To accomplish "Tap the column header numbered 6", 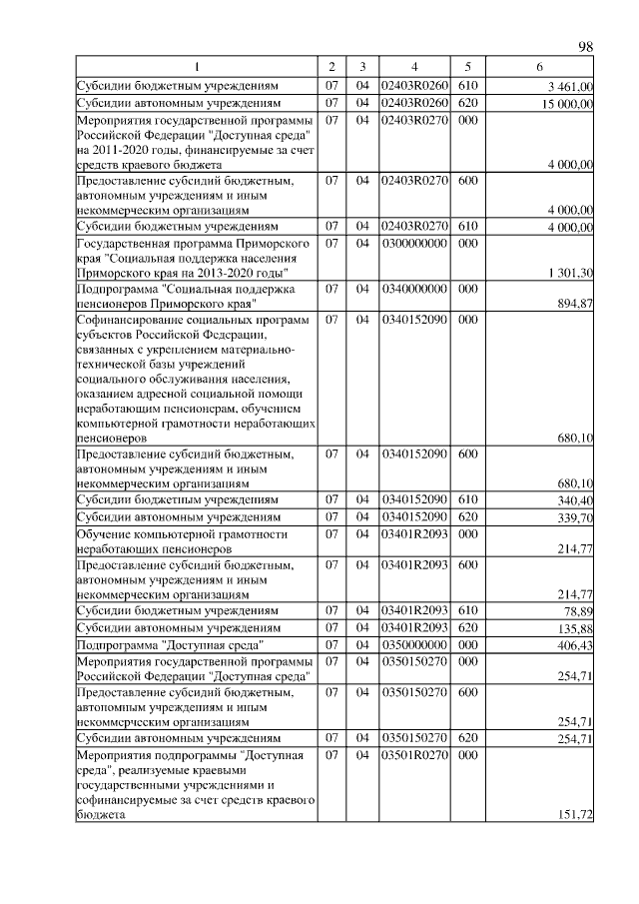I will tap(539, 67).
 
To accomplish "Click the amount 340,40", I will tap(577, 500).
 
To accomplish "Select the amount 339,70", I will tap(577, 517).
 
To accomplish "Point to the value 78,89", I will tap(580, 611).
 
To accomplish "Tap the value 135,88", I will tap(577, 628).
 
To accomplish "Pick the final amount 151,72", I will tap(577, 815).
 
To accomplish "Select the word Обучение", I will tap(105, 534).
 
